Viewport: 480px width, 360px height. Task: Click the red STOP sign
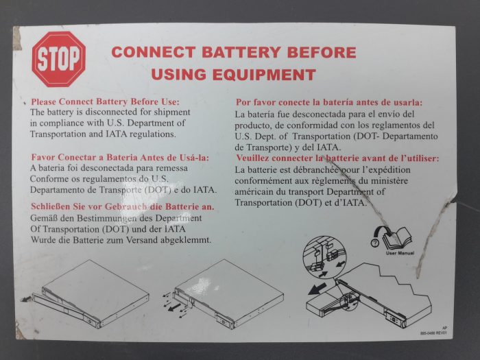tap(59, 59)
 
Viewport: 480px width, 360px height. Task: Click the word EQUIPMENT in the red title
tap(264, 75)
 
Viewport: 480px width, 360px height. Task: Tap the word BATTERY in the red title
tap(241, 52)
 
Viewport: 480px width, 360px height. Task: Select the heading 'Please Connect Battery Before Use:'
tap(106, 101)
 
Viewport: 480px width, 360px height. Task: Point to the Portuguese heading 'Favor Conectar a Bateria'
tap(120, 157)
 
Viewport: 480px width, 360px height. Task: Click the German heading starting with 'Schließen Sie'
tap(123, 206)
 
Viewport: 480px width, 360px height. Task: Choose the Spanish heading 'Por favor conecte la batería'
tap(329, 102)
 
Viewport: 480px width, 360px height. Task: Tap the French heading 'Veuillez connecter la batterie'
tap(337, 158)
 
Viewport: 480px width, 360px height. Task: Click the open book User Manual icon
tap(398, 238)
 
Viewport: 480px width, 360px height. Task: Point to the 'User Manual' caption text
tap(400, 253)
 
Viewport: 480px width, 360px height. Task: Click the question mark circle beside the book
tap(374, 243)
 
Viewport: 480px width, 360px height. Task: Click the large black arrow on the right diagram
tap(317, 289)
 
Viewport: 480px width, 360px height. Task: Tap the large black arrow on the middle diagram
tap(174, 307)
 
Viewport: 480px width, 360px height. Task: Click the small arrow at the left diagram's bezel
tap(26, 299)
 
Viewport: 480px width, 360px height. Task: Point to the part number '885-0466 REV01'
tap(433, 333)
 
